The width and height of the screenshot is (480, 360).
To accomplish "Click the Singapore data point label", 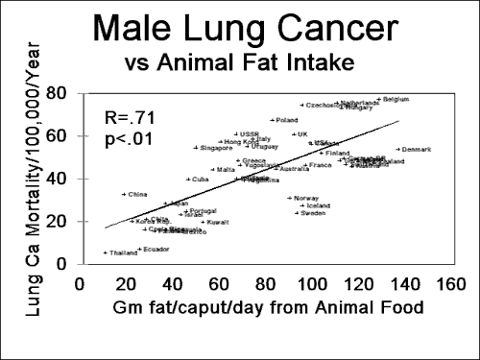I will coord(216,148).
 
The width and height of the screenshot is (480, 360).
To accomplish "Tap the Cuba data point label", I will coord(200,180).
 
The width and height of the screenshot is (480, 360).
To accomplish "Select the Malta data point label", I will coord(226,170).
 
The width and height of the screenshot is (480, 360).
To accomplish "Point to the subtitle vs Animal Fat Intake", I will coord(239,64).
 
